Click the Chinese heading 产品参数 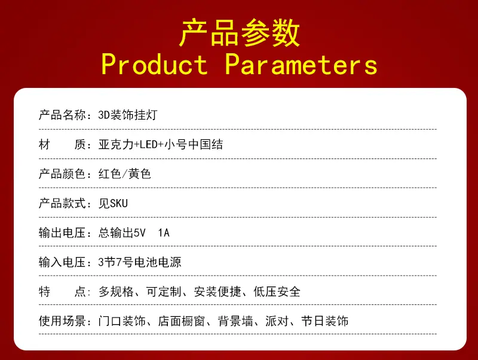[x=240, y=33]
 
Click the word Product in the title [x=154, y=65]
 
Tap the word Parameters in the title [x=301, y=65]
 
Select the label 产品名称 [x=62, y=115]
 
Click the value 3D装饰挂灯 [x=128, y=115]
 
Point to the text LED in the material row [x=148, y=144]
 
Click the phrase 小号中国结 [x=194, y=144]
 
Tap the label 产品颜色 [x=62, y=174]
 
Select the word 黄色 [x=140, y=174]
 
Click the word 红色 [x=110, y=174]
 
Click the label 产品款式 [x=62, y=203]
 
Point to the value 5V [x=140, y=233]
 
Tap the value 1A [x=164, y=233]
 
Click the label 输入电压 [x=62, y=263]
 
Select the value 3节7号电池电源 [x=140, y=263]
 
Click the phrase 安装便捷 [x=217, y=292]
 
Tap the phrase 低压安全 [x=277, y=292]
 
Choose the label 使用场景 [x=62, y=321]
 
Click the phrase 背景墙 [x=235, y=321]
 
